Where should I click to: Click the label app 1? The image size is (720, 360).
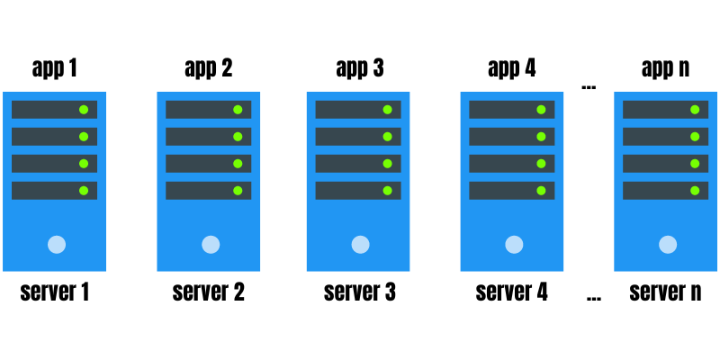pyautogui.click(x=54, y=68)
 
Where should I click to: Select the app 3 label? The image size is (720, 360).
pyautogui.click(x=359, y=68)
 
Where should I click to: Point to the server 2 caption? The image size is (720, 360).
pyautogui.click(x=208, y=292)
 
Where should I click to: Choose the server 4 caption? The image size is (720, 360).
pyautogui.click(x=511, y=292)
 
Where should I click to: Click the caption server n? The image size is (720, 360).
pyautogui.click(x=665, y=292)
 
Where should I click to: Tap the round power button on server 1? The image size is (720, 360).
pyautogui.click(x=57, y=244)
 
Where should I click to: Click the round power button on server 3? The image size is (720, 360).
pyautogui.click(x=360, y=244)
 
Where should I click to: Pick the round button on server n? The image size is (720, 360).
pyautogui.click(x=668, y=244)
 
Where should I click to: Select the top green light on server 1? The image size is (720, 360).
pyautogui.click(x=84, y=110)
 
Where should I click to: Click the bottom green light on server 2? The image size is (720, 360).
pyautogui.click(x=238, y=191)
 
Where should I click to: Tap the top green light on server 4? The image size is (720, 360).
pyautogui.click(x=541, y=110)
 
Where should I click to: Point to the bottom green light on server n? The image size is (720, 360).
pyautogui.click(x=695, y=191)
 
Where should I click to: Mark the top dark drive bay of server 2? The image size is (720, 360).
pyautogui.click(x=208, y=110)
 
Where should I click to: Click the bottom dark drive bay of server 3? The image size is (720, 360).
pyautogui.click(x=358, y=191)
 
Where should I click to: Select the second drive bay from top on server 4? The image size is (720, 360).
pyautogui.click(x=512, y=137)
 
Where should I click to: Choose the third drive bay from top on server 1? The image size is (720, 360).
pyautogui.click(x=54, y=164)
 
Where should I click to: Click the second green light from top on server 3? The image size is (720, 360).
pyautogui.click(x=387, y=137)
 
